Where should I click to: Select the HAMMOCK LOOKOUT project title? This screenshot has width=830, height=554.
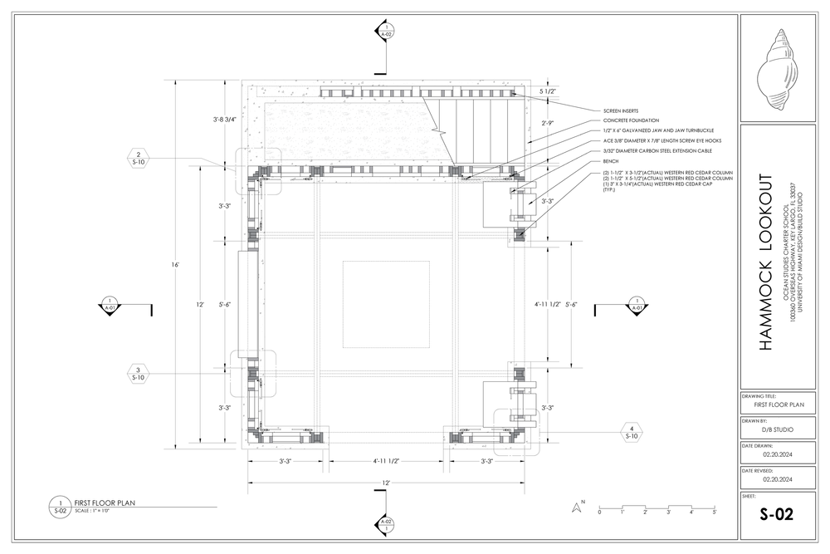767,262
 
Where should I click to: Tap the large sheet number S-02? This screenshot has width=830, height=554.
777,514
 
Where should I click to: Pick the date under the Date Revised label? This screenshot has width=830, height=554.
778,478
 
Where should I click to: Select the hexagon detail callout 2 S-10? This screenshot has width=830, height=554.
139,158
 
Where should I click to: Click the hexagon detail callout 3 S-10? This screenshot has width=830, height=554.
139,372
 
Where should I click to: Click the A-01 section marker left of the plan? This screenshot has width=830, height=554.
109,304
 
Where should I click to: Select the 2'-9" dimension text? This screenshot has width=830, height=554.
546,123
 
